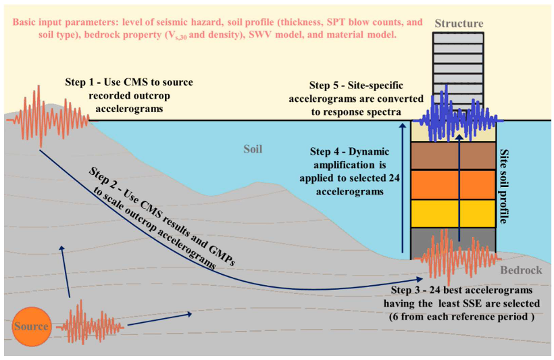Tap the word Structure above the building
459,24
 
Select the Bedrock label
521,270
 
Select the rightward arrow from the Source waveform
162,321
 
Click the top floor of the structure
459,38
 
